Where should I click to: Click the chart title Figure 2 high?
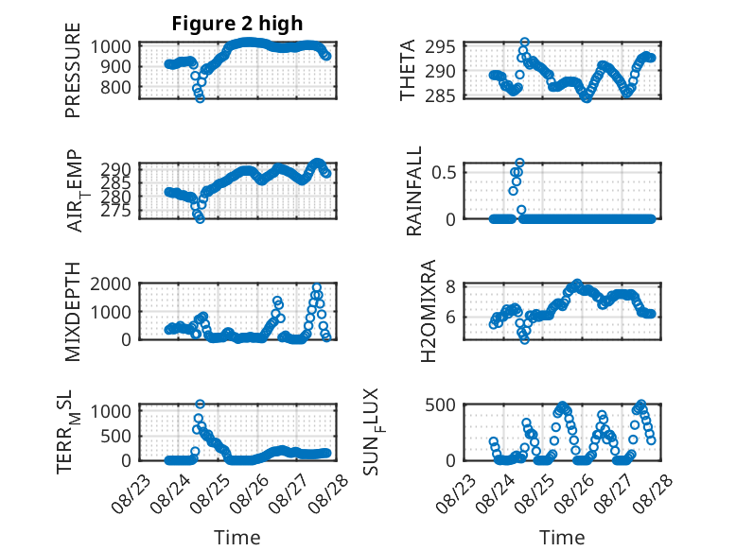[x=237, y=24]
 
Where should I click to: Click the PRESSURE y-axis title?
[x=73, y=70]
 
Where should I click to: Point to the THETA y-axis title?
[x=408, y=70]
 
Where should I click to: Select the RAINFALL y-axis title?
[x=414, y=191]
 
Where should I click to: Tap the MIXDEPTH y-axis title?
[x=73, y=312]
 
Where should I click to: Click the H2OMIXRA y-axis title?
[x=429, y=311]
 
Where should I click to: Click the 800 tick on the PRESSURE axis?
[x=115, y=87]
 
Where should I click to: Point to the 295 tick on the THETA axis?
[x=440, y=47]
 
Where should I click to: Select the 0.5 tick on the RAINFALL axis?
[x=444, y=172]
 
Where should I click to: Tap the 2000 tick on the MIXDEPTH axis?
[x=111, y=284]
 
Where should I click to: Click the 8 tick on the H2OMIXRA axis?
[x=450, y=286]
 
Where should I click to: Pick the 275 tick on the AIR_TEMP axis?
[x=116, y=211]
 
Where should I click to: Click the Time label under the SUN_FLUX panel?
[x=562, y=537]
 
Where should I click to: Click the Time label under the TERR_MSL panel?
[x=237, y=537]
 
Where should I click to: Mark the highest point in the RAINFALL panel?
[x=519, y=164]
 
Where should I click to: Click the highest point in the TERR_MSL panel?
[x=200, y=405]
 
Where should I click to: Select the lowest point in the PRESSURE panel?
[x=200, y=98]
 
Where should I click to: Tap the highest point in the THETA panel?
[x=525, y=43]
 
